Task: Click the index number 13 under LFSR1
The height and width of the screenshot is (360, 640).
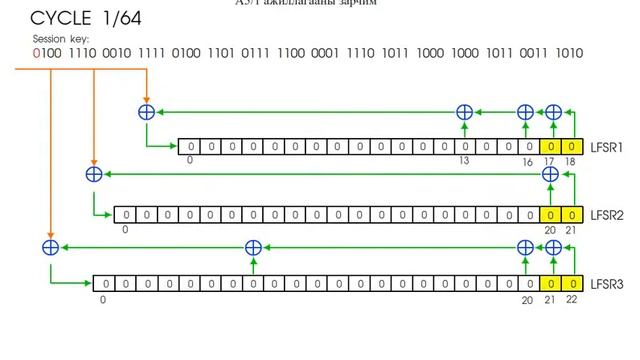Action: point(464,160)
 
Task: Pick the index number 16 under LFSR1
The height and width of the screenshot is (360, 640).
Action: point(527,160)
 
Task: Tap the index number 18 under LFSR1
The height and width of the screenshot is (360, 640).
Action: point(571,160)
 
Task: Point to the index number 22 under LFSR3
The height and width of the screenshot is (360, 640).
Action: point(571,298)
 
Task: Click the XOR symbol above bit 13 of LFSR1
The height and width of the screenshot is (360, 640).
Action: point(464,113)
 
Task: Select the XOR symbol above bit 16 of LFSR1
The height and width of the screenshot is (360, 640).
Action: point(526,113)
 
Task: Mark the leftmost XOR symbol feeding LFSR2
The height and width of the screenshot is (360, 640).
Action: point(94,174)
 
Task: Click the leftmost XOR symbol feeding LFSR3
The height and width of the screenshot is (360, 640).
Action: point(49,246)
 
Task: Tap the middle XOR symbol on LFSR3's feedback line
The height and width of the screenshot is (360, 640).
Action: point(253,246)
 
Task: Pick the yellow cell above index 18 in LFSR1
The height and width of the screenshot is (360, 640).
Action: point(570,146)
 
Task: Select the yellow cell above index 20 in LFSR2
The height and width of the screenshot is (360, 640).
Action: point(548,214)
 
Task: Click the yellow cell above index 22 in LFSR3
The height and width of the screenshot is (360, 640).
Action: point(570,283)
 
